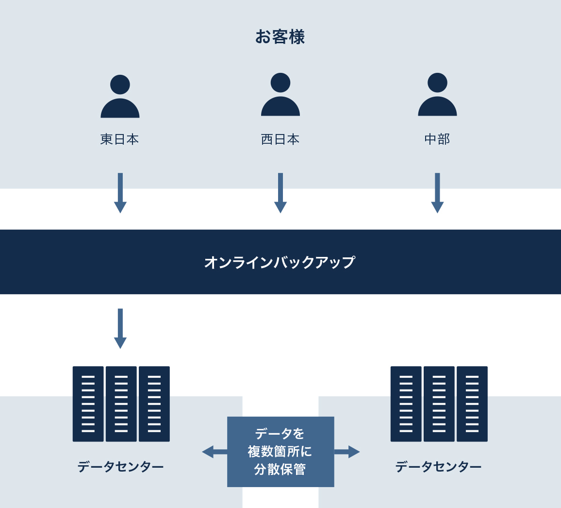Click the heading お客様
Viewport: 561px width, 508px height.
(280, 37)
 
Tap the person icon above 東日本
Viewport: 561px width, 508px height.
(120, 97)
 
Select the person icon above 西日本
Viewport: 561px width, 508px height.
(280, 95)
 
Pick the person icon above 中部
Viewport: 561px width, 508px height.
(437, 95)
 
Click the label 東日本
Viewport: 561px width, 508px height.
(120, 139)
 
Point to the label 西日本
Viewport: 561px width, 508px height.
(280, 139)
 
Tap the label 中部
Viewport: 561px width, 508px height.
(437, 139)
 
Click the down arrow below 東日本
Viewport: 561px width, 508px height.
(120, 193)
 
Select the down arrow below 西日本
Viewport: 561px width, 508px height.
(280, 193)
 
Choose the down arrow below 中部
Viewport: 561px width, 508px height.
(437, 193)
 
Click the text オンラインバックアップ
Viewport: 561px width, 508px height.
(280, 262)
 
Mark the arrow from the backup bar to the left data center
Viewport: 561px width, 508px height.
(120, 328)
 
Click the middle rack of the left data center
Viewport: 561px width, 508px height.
(121, 404)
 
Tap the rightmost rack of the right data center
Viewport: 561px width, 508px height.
(472, 404)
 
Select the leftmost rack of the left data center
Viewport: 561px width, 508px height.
(88, 404)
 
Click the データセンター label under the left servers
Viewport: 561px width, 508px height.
(120, 467)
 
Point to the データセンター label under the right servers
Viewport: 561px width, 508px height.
(438, 467)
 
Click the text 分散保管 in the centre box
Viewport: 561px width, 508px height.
(280, 470)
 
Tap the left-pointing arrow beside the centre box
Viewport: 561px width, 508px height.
(214, 452)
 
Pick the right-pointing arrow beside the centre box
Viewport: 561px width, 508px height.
(347, 452)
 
